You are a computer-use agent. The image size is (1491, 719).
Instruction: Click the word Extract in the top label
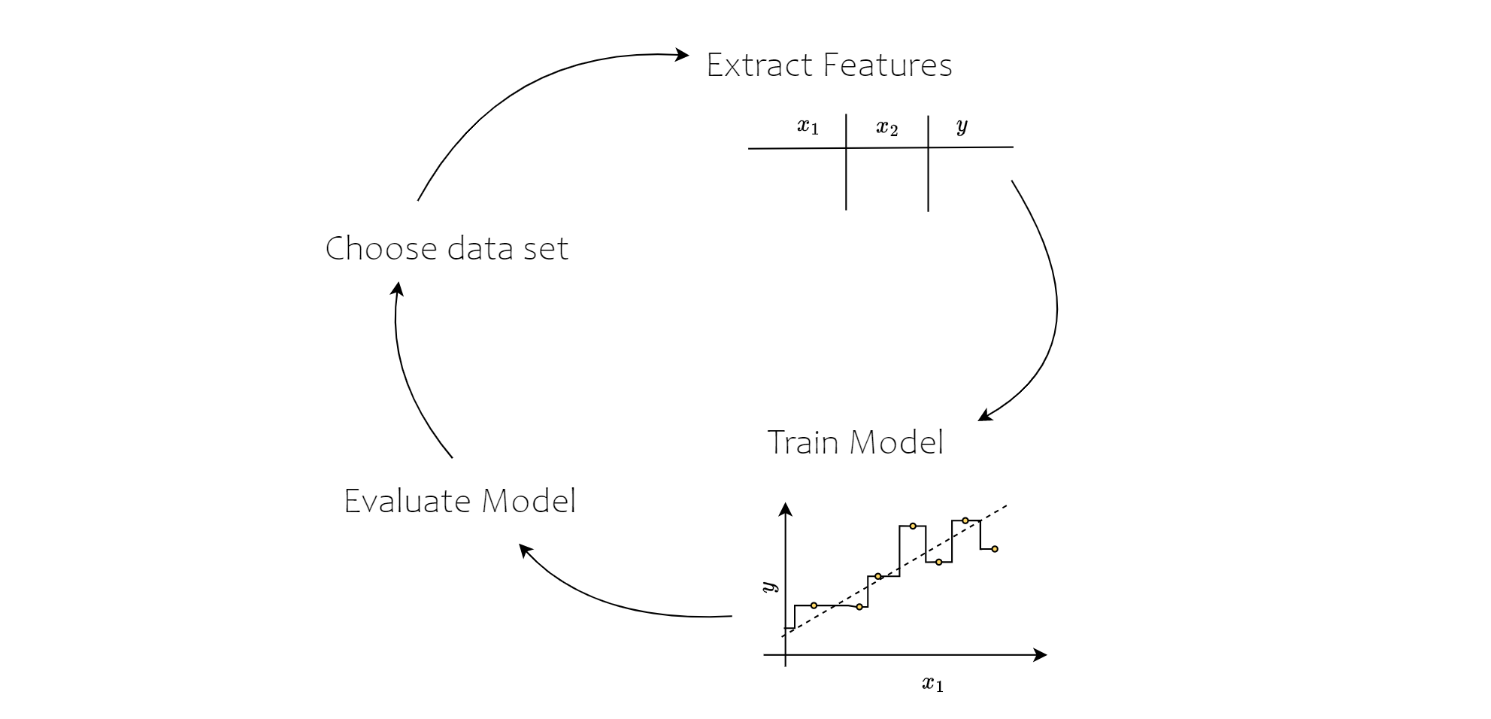[759, 65]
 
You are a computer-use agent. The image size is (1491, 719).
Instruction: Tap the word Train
[802, 442]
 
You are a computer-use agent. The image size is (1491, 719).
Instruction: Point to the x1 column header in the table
[808, 126]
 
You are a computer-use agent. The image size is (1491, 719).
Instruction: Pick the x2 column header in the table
[887, 128]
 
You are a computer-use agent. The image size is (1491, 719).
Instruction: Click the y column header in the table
[962, 126]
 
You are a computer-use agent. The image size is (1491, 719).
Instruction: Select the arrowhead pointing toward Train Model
[983, 416]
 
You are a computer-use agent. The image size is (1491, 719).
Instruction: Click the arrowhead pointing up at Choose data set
[399, 288]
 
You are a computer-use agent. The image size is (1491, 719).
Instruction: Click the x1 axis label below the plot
[932, 684]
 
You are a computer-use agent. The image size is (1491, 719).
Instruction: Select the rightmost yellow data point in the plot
[995, 549]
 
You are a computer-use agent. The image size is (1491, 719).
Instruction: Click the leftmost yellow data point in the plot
[814, 605]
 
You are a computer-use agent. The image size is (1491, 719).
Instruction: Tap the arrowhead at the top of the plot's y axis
[786, 509]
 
